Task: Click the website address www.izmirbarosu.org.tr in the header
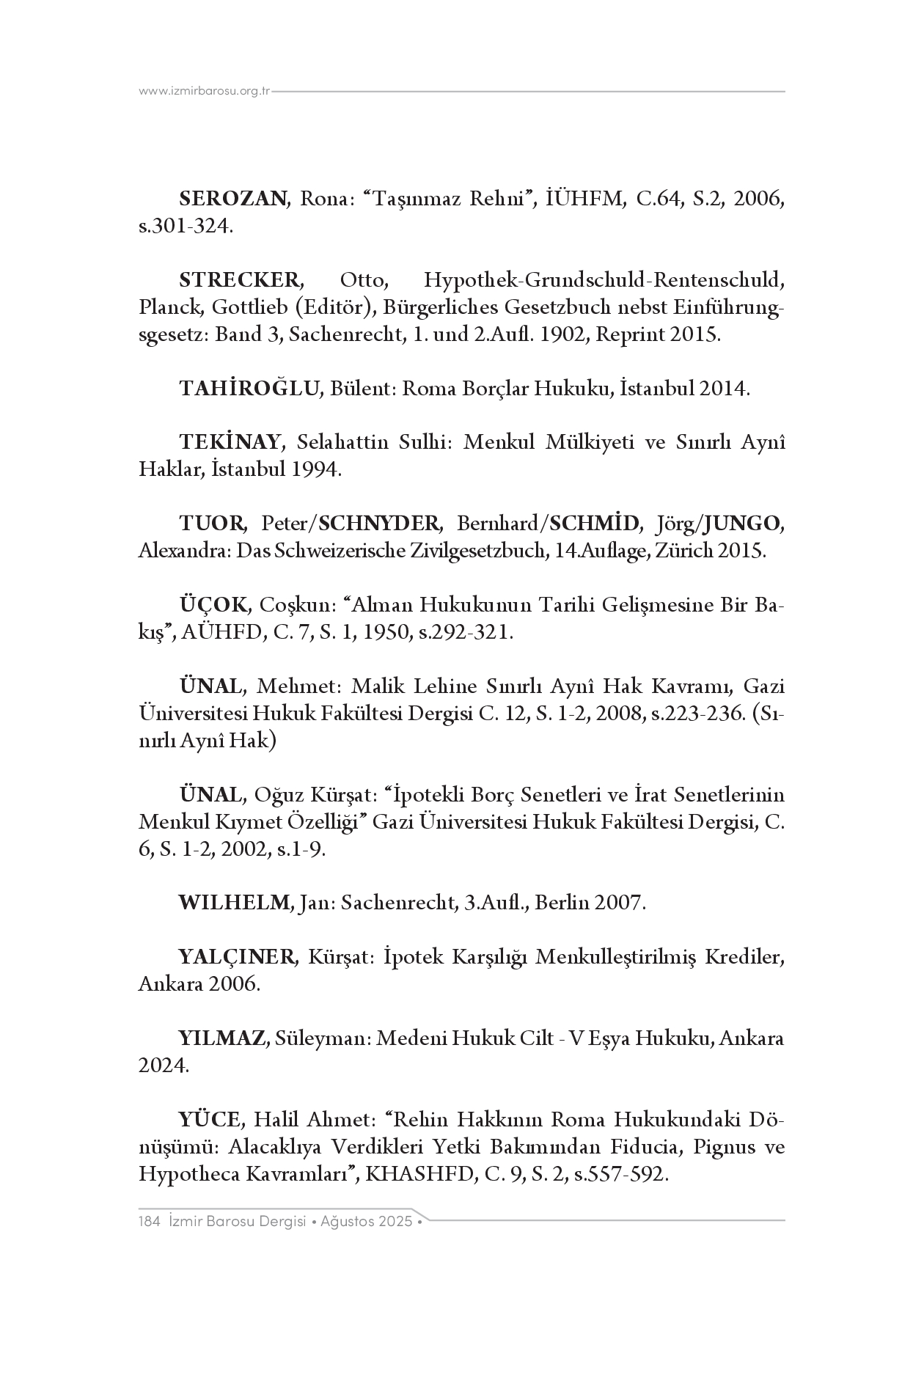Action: (x=205, y=92)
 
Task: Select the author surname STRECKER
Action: (x=240, y=280)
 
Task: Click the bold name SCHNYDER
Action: (x=380, y=524)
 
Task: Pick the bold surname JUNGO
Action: (x=741, y=524)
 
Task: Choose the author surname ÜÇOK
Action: (x=215, y=605)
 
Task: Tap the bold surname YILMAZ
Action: (x=222, y=1038)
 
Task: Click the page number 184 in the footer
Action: (x=149, y=1222)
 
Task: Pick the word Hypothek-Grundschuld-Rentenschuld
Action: (x=604, y=280)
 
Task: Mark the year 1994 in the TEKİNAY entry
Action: (x=316, y=470)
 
